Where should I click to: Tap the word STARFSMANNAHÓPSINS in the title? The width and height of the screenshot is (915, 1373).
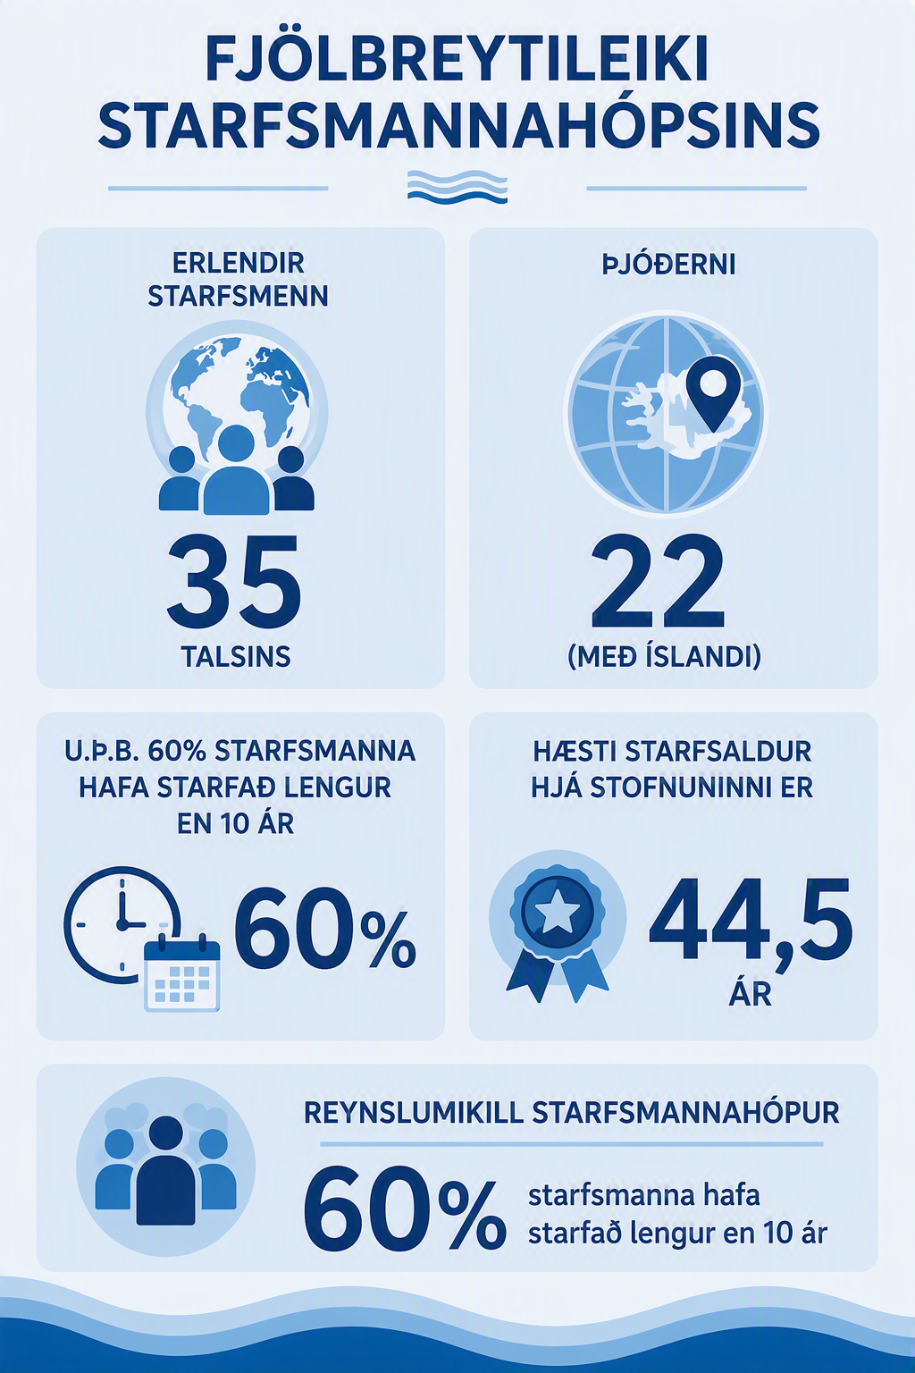click(x=457, y=125)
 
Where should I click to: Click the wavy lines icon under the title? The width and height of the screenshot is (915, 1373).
click(x=457, y=186)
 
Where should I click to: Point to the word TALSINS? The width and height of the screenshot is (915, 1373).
click(x=236, y=656)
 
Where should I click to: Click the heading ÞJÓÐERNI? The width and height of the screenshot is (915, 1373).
click(x=668, y=265)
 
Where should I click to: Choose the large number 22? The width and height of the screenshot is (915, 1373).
click(x=659, y=580)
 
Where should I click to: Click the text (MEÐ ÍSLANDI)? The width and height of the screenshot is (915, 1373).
click(x=664, y=657)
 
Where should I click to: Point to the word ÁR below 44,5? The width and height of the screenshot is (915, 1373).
click(x=751, y=992)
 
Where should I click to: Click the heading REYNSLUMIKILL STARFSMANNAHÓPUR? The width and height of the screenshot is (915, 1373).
click(x=571, y=1114)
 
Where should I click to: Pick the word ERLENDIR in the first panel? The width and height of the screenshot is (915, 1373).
click(x=238, y=264)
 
